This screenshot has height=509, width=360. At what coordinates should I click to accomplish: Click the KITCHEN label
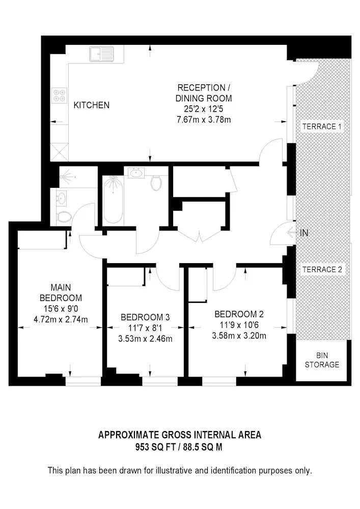(x=92, y=105)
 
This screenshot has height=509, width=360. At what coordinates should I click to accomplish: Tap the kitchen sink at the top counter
(x=101, y=53)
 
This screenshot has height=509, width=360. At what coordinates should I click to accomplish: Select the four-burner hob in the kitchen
(x=59, y=96)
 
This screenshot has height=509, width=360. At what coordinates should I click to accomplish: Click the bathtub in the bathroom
(x=113, y=199)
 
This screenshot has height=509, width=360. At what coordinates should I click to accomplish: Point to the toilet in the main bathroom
(x=156, y=183)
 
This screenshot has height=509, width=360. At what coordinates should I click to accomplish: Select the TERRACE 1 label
(x=322, y=126)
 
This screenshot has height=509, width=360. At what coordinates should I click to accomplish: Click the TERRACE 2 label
(x=322, y=269)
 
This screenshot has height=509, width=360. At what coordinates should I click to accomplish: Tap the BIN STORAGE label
(x=322, y=360)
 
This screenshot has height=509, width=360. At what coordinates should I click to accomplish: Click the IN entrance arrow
(x=292, y=233)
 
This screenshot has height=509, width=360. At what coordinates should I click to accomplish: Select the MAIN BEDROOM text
(x=61, y=293)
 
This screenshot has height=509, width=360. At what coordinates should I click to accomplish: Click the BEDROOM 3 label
(x=145, y=317)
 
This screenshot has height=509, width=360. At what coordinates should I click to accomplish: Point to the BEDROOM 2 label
(x=239, y=314)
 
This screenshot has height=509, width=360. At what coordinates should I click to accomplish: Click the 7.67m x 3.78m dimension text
(x=204, y=120)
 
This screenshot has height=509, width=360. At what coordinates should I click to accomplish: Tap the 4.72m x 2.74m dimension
(x=61, y=320)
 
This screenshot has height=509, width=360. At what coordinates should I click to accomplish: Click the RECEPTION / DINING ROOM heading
(x=204, y=93)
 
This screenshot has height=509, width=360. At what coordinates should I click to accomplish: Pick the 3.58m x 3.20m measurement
(x=239, y=335)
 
